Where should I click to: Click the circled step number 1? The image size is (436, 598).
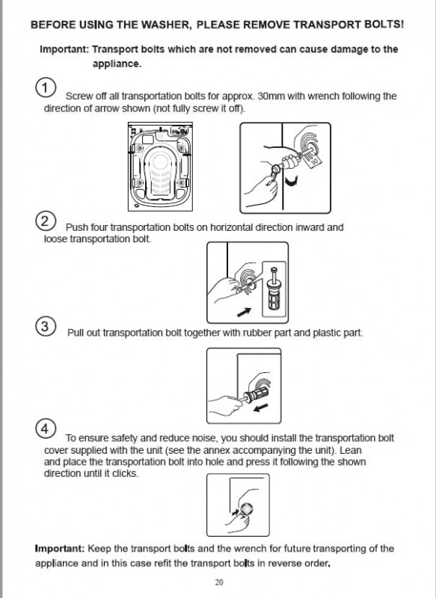(46, 87)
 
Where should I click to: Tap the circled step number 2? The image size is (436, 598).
(46, 221)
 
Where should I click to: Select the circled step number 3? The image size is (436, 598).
(46, 327)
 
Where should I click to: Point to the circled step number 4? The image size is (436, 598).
(46, 428)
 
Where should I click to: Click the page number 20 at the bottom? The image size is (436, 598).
(219, 582)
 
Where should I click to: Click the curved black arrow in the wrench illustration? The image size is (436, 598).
(292, 182)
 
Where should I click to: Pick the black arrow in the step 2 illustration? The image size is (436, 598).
(244, 312)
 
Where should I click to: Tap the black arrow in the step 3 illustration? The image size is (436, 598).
(261, 407)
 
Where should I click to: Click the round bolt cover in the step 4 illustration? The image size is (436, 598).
(246, 509)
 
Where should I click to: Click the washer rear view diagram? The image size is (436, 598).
(160, 167)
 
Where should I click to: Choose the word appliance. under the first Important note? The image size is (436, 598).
(117, 64)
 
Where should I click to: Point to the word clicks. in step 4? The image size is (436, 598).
(125, 473)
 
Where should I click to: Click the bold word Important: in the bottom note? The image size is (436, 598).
(60, 549)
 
